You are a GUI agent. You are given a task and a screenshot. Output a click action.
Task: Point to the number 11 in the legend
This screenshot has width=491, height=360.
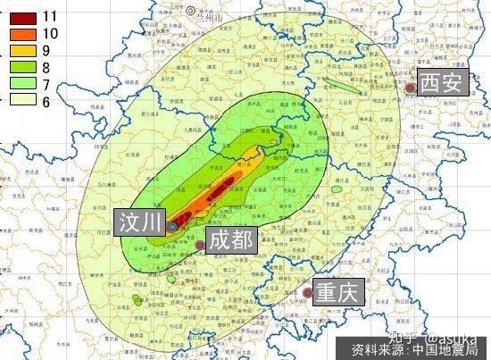(50, 16)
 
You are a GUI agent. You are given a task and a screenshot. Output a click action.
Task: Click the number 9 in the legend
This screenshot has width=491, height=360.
(46, 50)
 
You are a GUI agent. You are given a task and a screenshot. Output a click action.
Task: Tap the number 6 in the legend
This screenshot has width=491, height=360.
(46, 100)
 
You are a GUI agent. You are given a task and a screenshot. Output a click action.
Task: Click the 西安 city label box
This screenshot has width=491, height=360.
(442, 83)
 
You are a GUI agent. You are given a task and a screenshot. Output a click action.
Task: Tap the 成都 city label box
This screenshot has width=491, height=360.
(231, 239)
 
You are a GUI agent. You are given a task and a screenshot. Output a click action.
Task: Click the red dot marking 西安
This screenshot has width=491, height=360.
(410, 88)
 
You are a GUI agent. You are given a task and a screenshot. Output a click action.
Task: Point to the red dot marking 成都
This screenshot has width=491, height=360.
(198, 245)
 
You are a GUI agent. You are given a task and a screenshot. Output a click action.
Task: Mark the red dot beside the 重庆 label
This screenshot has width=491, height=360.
(306, 292)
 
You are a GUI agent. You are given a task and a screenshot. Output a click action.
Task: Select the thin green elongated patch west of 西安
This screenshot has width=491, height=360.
(343, 87)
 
